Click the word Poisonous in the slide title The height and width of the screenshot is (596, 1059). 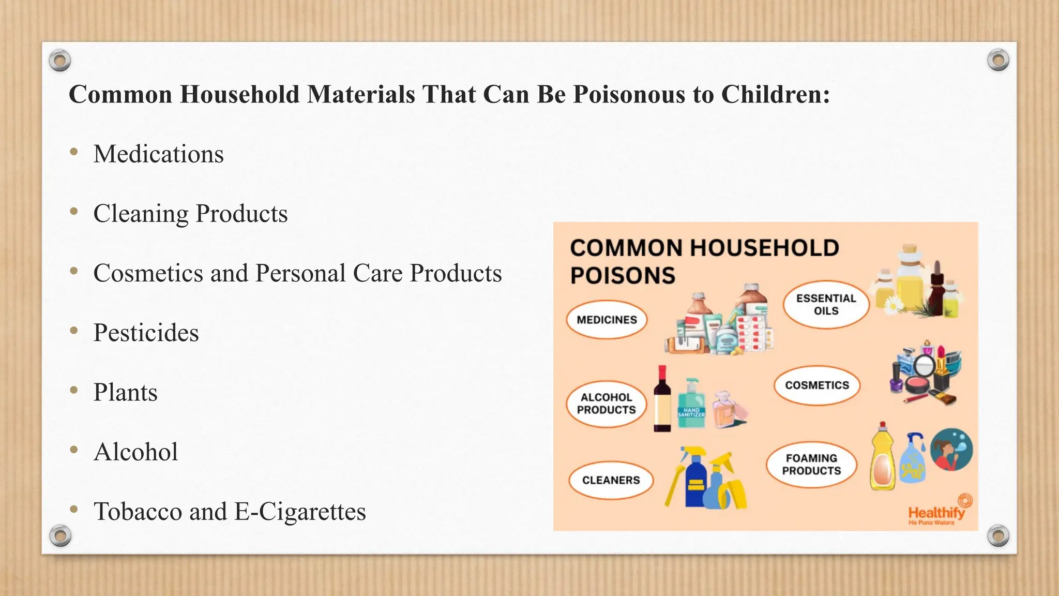point(628,95)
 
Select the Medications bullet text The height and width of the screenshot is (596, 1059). point(158,154)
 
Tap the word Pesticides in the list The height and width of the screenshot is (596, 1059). point(146,333)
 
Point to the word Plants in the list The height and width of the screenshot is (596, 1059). point(125,392)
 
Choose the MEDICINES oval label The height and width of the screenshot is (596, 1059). point(607,320)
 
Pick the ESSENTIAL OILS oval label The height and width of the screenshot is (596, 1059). point(826,305)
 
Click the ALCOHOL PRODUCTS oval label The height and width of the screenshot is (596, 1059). point(606,404)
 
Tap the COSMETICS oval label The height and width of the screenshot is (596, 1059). point(816,385)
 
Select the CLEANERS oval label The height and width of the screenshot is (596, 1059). point(611,480)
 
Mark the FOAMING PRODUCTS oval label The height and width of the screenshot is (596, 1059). point(811,465)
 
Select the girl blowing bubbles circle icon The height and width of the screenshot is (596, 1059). point(951,449)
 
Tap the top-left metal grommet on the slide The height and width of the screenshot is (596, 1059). point(60,61)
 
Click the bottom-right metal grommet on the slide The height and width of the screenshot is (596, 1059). point(998,535)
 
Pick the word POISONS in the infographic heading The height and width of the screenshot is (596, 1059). point(623,276)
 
